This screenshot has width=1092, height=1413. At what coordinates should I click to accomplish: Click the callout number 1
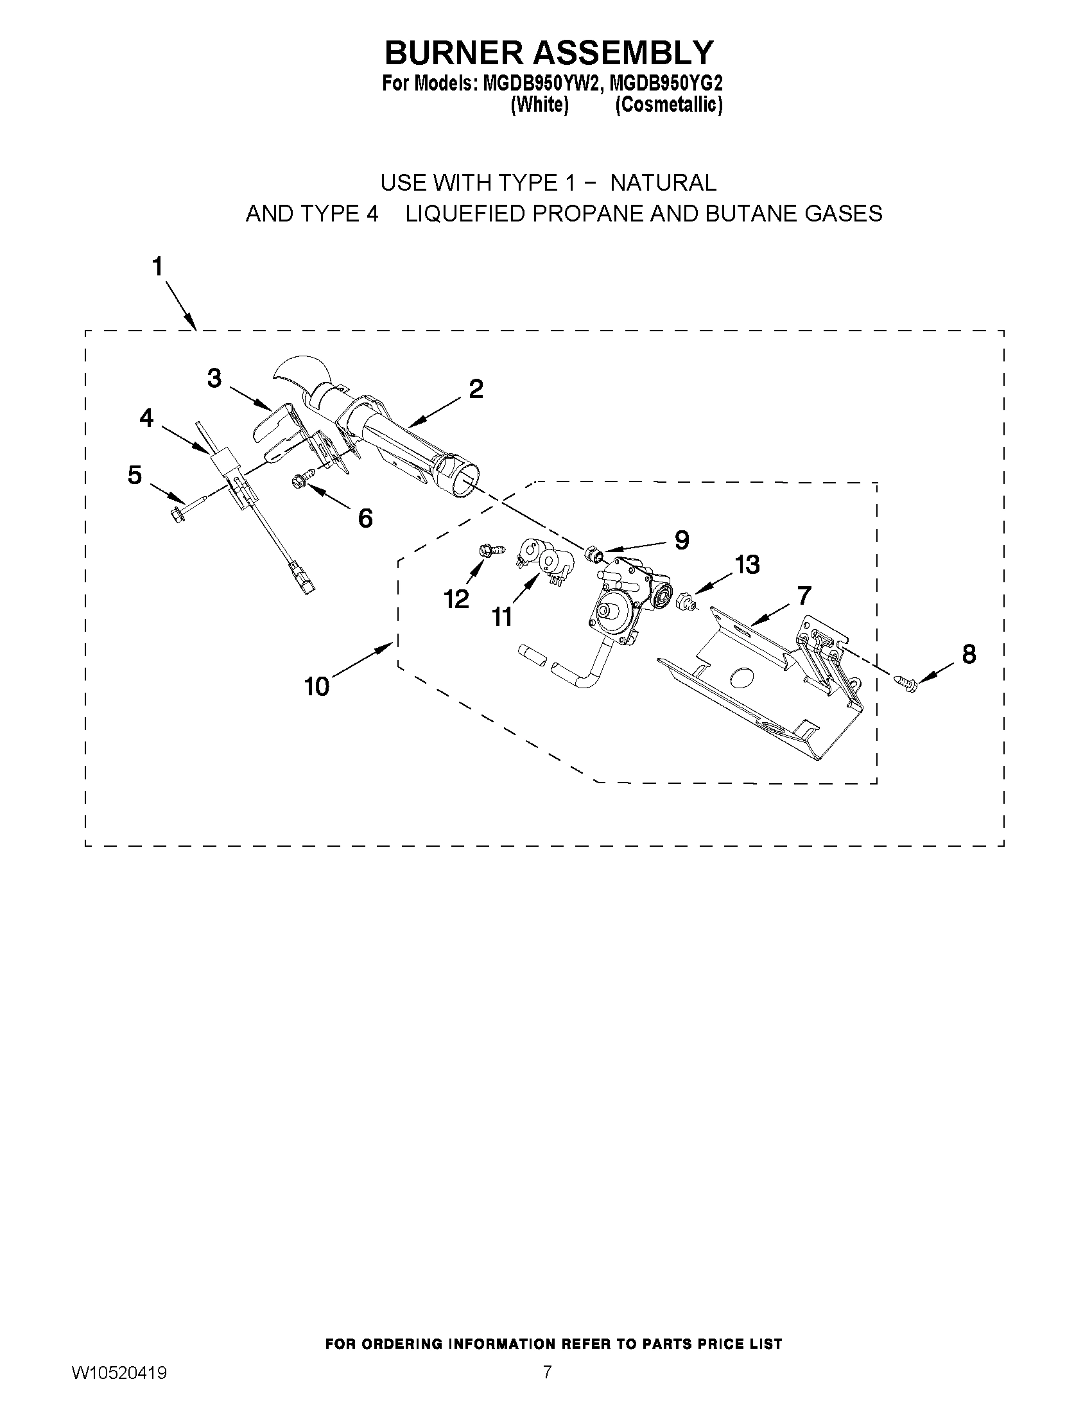[157, 267]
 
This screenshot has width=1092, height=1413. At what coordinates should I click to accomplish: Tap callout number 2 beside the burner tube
[476, 389]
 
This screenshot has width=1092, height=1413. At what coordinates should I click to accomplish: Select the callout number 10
[317, 686]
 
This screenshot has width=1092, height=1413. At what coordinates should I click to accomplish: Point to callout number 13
[747, 565]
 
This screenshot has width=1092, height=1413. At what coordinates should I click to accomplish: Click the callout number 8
[969, 654]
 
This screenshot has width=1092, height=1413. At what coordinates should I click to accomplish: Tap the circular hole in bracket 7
[741, 677]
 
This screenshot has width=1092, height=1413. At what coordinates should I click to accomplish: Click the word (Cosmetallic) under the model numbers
[668, 105]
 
